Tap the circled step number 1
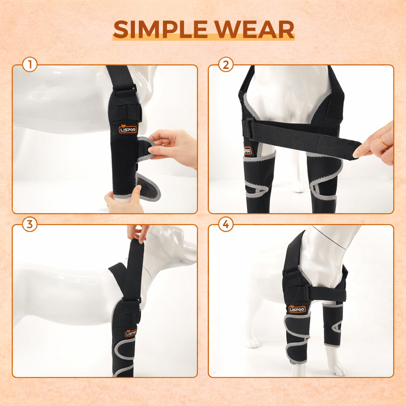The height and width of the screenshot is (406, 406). point(30,65)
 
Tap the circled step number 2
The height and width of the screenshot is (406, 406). point(226,65)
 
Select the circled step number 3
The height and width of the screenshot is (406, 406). point(30,225)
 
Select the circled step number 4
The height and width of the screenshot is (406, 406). point(226,225)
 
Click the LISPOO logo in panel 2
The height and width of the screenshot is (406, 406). point(247,151)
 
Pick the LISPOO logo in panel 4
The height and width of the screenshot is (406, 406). point(297,308)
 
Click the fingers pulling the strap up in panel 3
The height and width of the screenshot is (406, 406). point(137,232)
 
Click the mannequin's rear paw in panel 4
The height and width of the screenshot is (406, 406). point(253,343)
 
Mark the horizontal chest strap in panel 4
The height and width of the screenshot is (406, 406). point(325,293)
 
